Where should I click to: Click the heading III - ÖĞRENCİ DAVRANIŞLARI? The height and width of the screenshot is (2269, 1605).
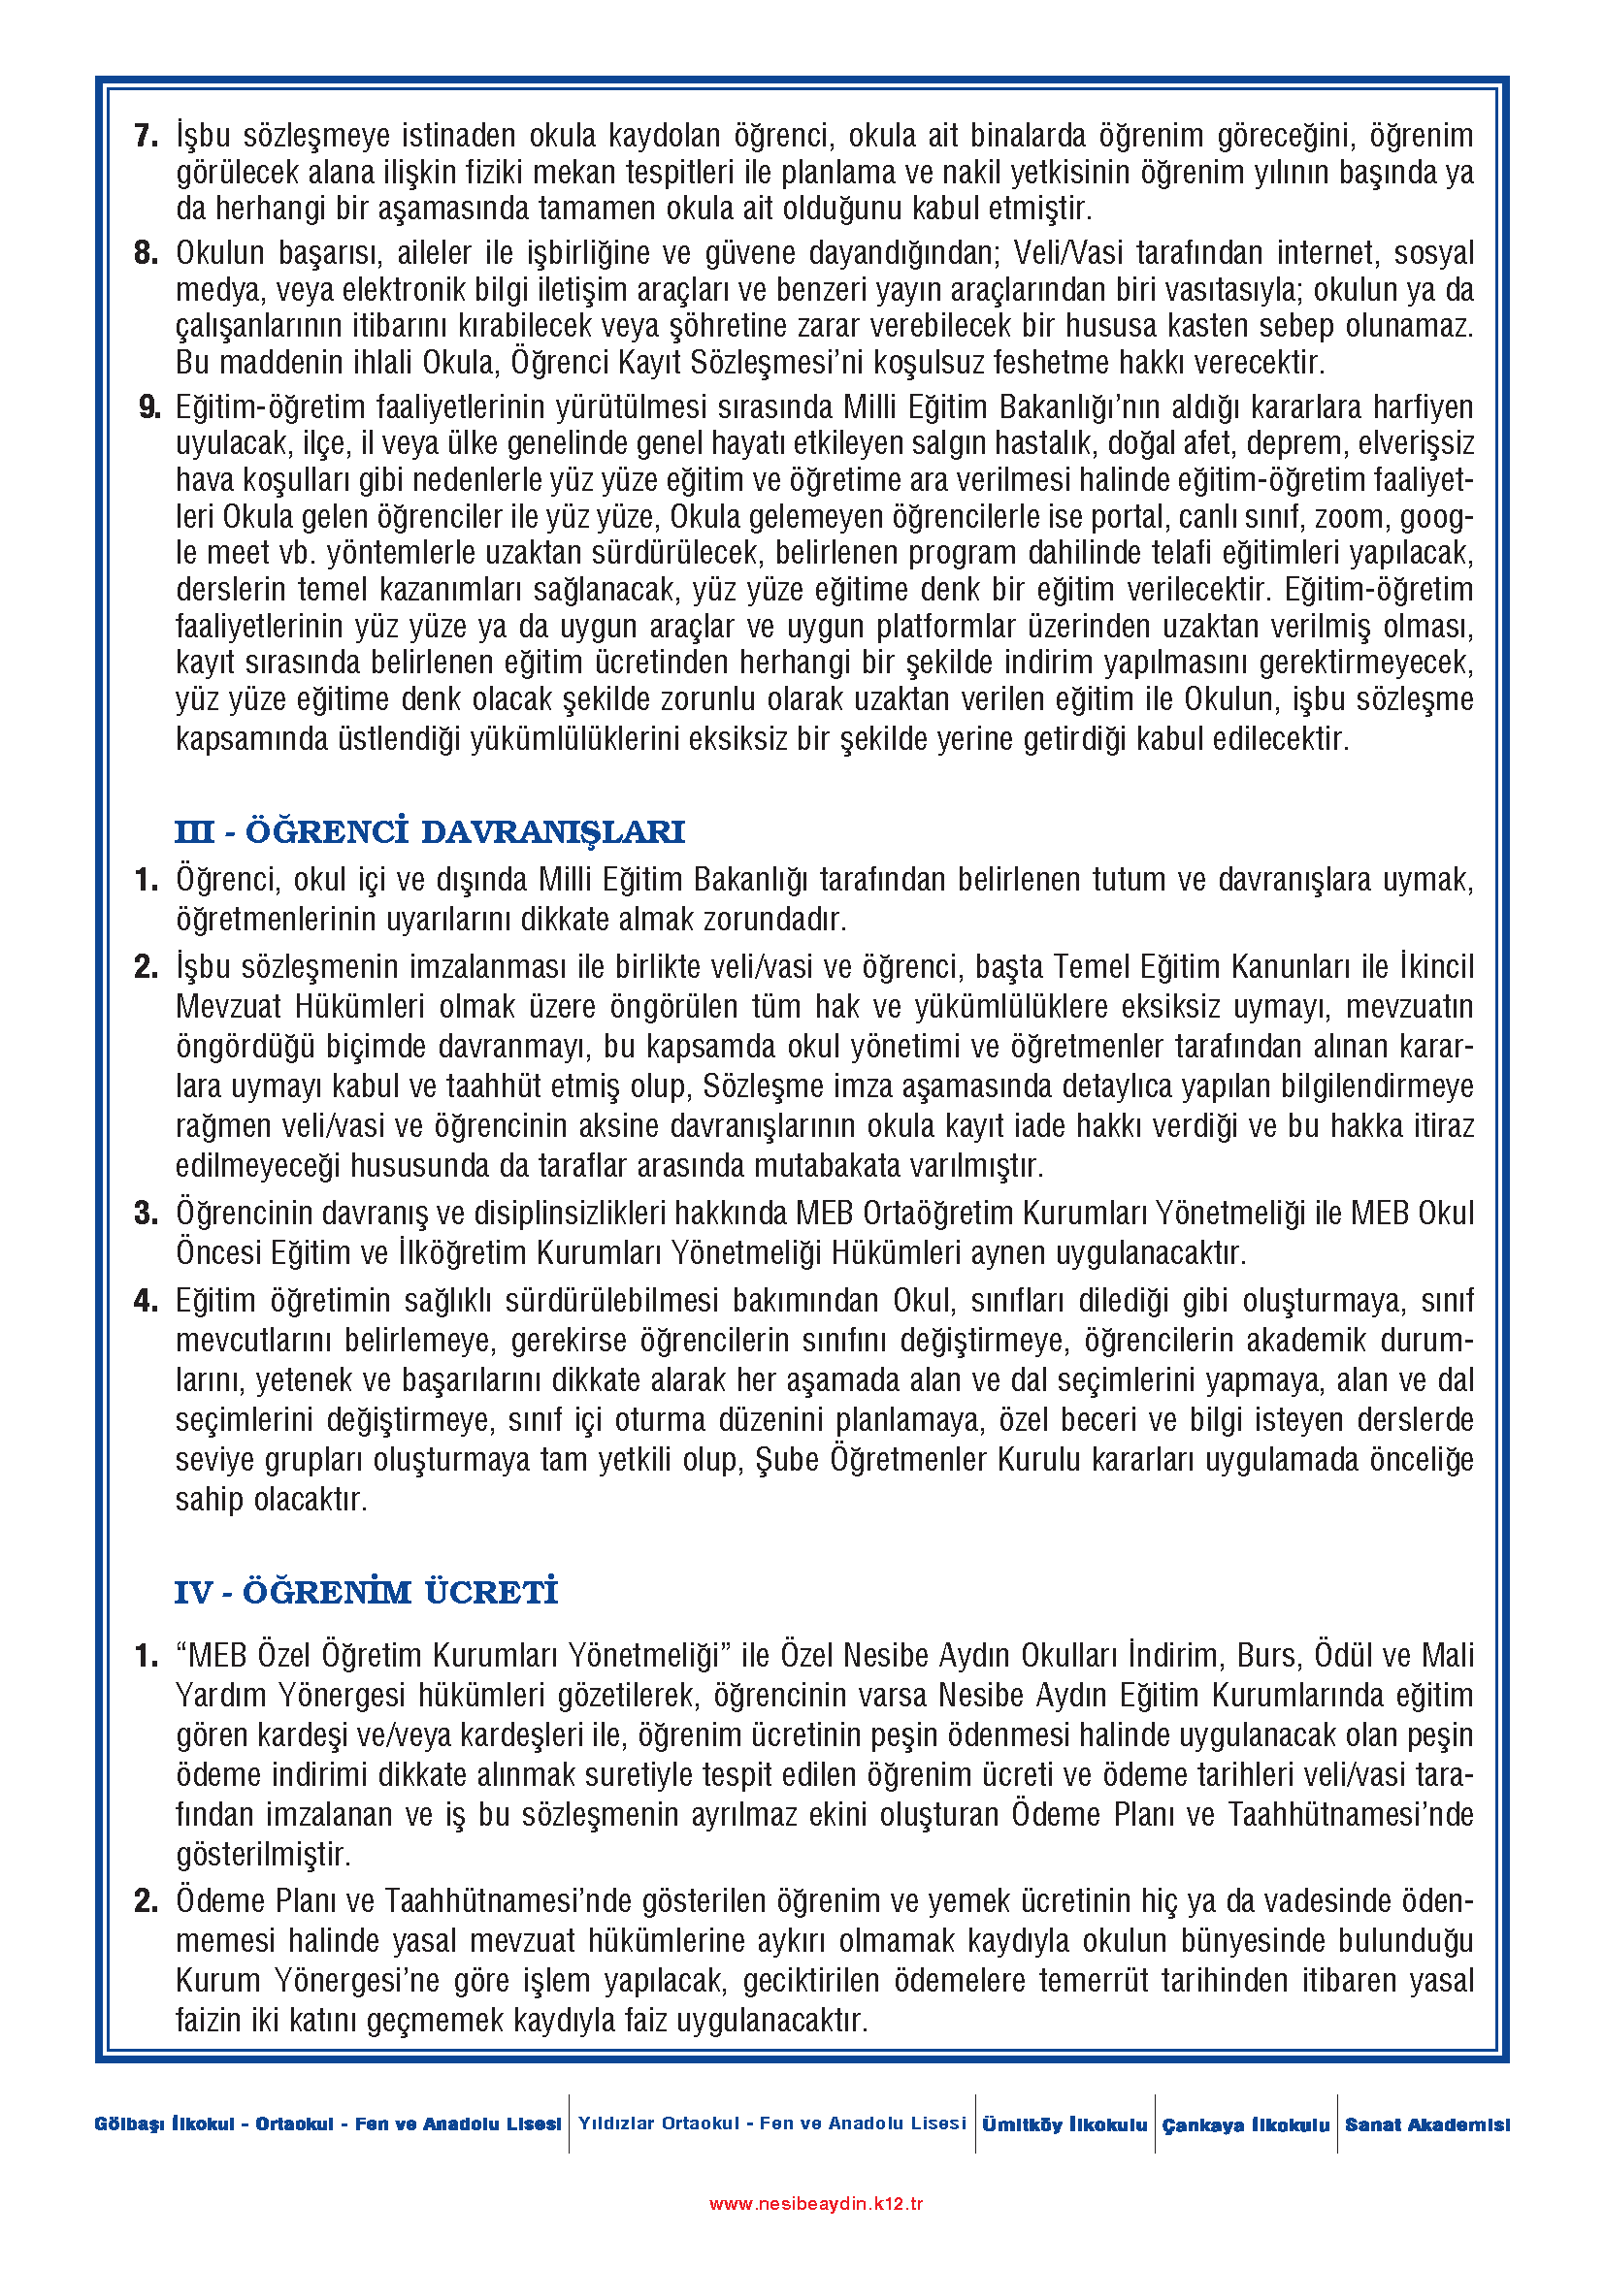(x=429, y=832)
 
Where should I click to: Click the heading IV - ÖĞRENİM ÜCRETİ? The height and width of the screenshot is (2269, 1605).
(x=366, y=1592)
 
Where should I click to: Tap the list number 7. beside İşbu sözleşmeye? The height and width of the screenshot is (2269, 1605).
(x=147, y=136)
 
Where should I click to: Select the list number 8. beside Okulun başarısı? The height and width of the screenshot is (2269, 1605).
(x=147, y=253)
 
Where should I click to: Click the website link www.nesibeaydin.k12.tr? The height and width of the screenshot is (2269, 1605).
(x=816, y=2204)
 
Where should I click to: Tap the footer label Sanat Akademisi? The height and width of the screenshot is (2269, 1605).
(x=1427, y=2124)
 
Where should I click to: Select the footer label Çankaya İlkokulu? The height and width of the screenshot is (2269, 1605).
(x=1245, y=2124)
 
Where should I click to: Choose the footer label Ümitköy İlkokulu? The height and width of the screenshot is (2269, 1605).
(x=1065, y=2124)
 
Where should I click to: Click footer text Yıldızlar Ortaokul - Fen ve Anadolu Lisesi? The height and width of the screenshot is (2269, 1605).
(x=771, y=2123)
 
